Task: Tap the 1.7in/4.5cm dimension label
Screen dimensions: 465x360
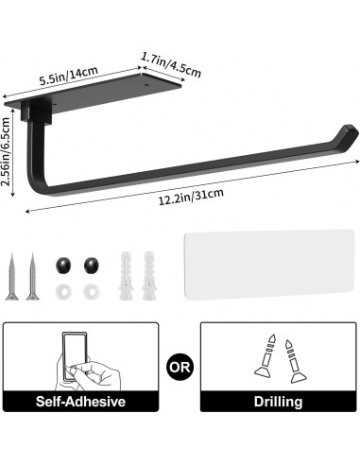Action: (x=170, y=62)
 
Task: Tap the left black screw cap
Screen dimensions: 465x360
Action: (x=63, y=262)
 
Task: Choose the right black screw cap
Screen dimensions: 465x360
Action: (x=92, y=262)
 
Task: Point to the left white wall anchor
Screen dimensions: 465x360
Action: (x=127, y=275)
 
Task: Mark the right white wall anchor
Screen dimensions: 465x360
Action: (x=147, y=275)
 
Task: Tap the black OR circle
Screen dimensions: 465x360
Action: (x=180, y=364)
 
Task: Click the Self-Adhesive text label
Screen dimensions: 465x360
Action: (x=80, y=402)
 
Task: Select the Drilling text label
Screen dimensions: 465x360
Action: (x=278, y=402)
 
